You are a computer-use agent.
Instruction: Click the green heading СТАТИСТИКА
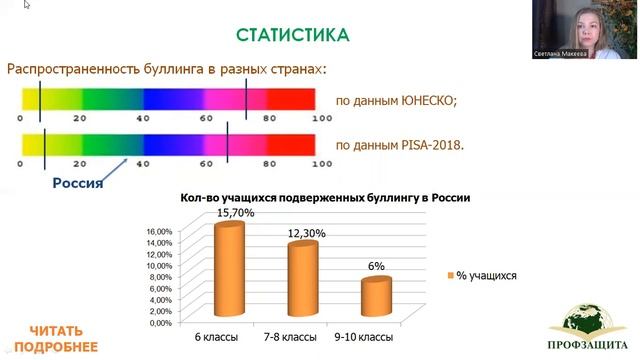click(x=293, y=36)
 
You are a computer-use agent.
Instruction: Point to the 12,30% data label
click(x=307, y=233)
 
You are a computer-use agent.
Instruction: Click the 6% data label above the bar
click(x=376, y=267)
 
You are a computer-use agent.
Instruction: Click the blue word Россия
click(x=78, y=183)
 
